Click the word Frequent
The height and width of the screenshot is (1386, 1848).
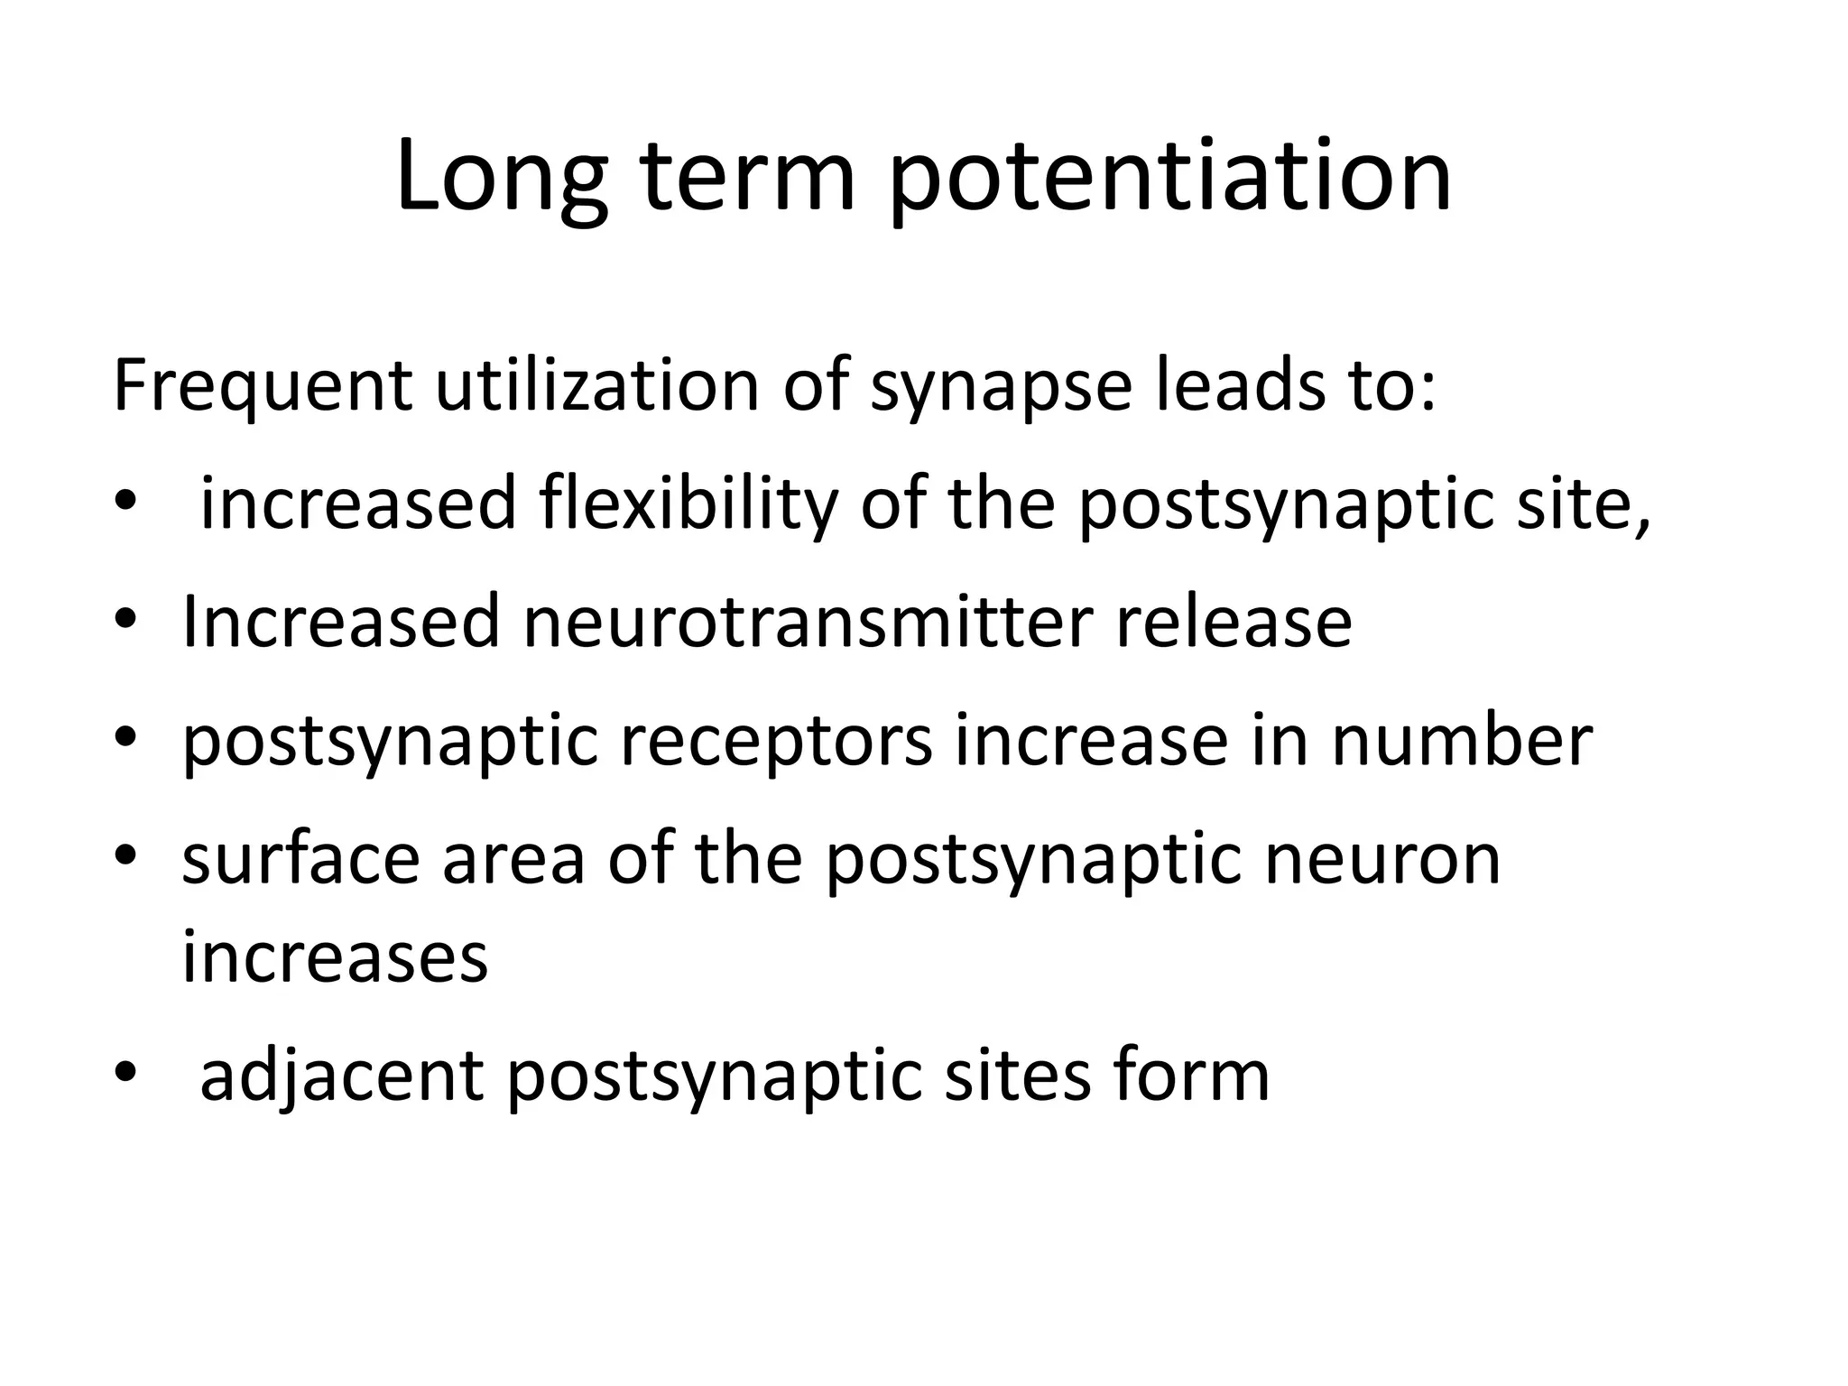coord(263,386)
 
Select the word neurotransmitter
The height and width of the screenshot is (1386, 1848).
coord(808,622)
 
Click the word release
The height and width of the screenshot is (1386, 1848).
coord(1234,622)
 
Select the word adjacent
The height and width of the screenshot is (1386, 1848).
coord(342,1076)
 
